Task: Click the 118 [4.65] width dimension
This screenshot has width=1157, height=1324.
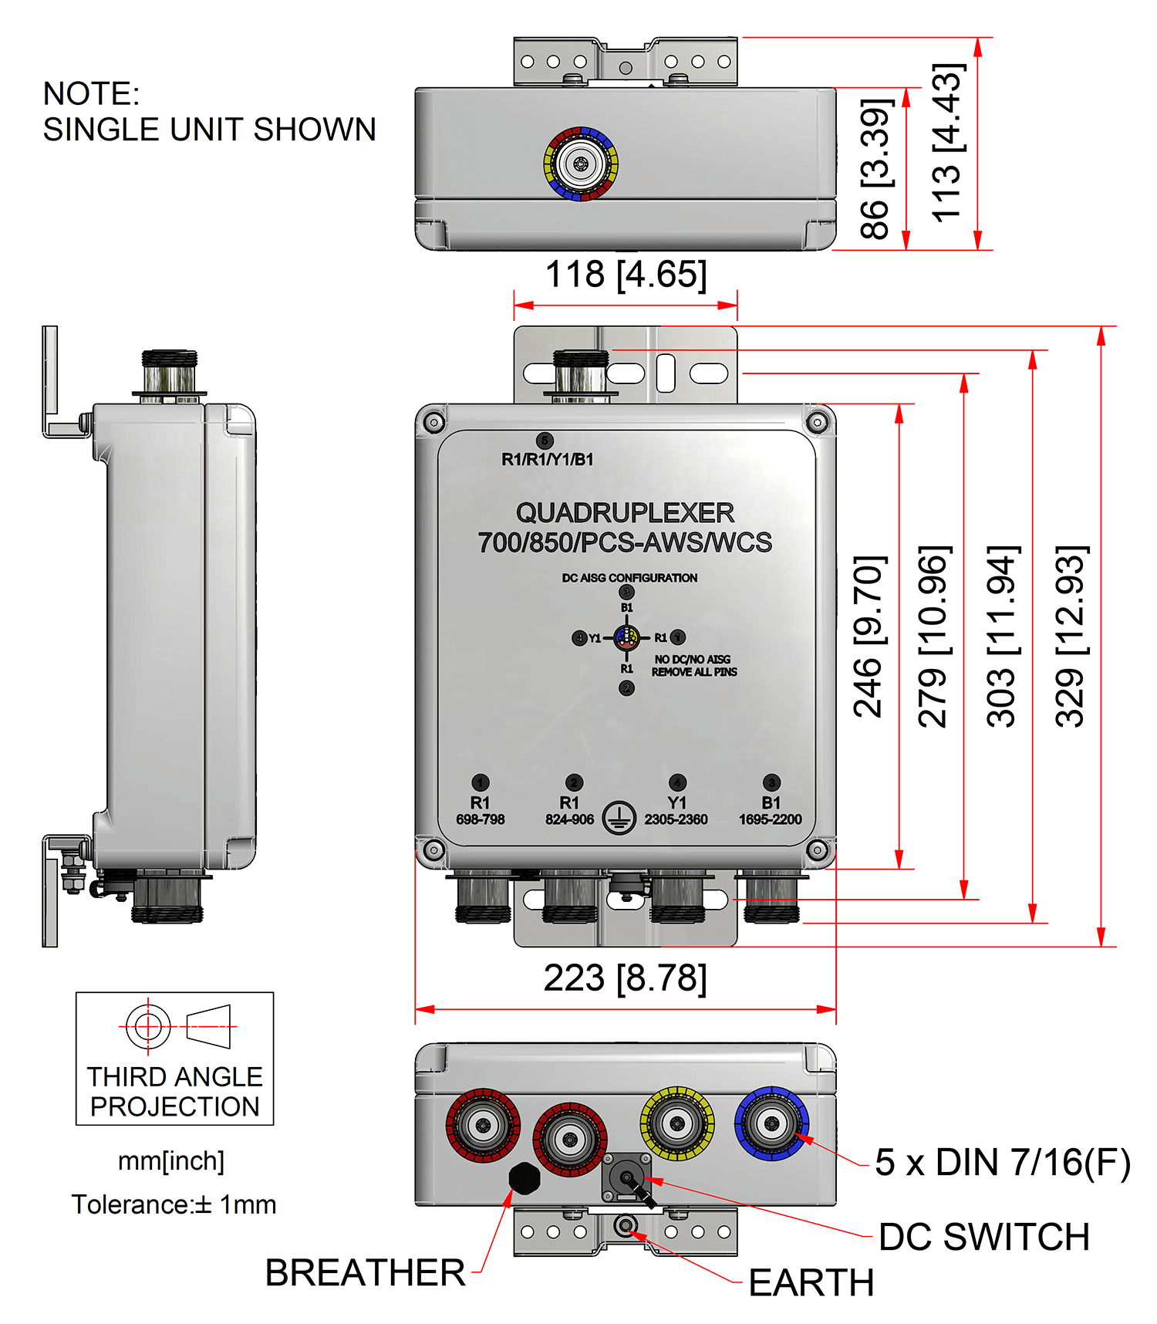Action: click(x=626, y=275)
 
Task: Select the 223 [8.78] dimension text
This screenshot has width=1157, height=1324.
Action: click(x=625, y=978)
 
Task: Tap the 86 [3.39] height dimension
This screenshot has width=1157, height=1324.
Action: click(x=876, y=169)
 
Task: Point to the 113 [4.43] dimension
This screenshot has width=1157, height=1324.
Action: click(x=948, y=144)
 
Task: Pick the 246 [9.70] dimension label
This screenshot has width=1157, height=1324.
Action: click(x=869, y=637)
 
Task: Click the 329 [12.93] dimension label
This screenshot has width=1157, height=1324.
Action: click(x=1071, y=637)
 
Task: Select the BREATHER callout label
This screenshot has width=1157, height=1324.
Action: click(x=365, y=1273)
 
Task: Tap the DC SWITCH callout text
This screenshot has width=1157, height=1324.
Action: click(x=983, y=1238)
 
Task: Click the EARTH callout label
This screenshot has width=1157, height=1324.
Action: click(x=811, y=1284)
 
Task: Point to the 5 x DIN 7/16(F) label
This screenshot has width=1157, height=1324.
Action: click(x=1002, y=1163)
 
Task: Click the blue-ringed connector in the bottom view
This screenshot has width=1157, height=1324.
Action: click(x=771, y=1123)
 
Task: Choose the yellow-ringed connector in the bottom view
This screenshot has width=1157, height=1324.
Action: click(x=676, y=1123)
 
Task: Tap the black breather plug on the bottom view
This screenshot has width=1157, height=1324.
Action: click(x=525, y=1178)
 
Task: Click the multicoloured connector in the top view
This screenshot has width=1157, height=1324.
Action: click(x=581, y=164)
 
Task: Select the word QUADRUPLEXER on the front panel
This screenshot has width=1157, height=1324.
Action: click(x=625, y=513)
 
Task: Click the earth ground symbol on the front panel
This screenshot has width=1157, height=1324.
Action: click(x=619, y=818)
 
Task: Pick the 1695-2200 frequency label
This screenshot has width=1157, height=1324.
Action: click(x=771, y=819)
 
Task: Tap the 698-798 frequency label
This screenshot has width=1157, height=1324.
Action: click(x=480, y=819)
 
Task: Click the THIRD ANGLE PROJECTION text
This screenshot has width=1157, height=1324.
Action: click(x=175, y=1092)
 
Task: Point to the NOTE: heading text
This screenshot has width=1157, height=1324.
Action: click(x=91, y=94)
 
